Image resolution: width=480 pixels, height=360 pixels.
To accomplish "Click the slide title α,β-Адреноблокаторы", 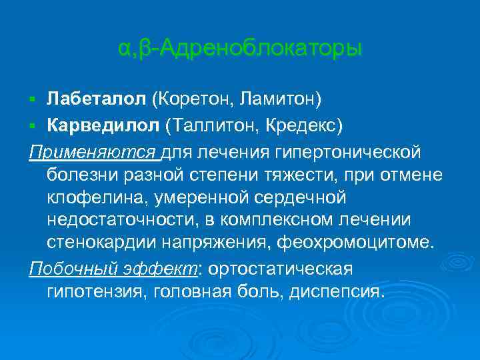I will pos(240,49).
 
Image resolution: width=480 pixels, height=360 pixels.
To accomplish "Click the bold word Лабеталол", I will pos(96,99).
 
